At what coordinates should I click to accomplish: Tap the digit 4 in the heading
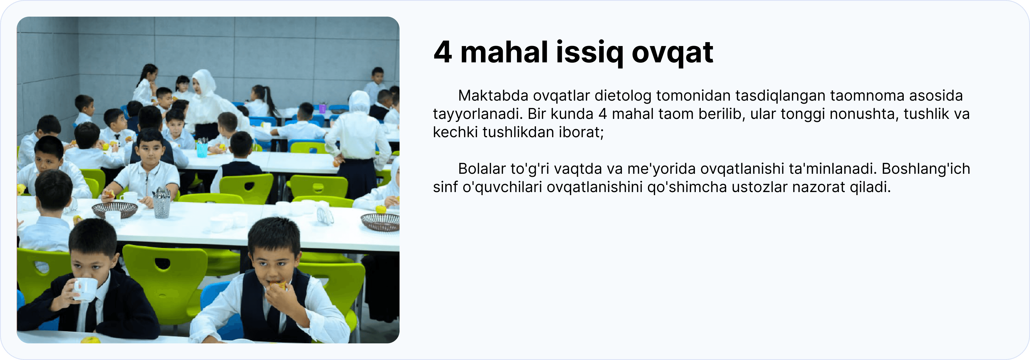443,52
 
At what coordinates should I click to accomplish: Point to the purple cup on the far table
322,108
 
